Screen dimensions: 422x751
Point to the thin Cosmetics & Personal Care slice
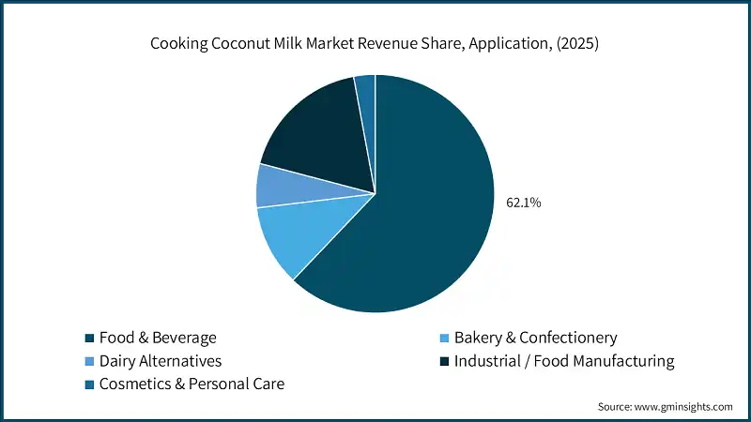coord(366,86)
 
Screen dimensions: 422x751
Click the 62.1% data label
coord(523,202)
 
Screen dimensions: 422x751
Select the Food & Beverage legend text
coord(157,338)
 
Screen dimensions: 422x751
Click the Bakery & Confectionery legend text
coord(535,338)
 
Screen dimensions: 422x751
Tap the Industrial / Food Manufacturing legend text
coord(564,360)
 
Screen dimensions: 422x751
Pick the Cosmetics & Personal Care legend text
coord(191,384)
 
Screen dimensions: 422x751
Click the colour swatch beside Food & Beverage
coord(89,338)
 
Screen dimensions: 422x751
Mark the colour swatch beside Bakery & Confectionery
coord(444,338)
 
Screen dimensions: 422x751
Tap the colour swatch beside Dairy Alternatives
coord(89,361)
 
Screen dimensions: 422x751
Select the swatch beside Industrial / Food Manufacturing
coord(444,361)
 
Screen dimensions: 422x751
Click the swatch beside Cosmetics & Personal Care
coord(89,384)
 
